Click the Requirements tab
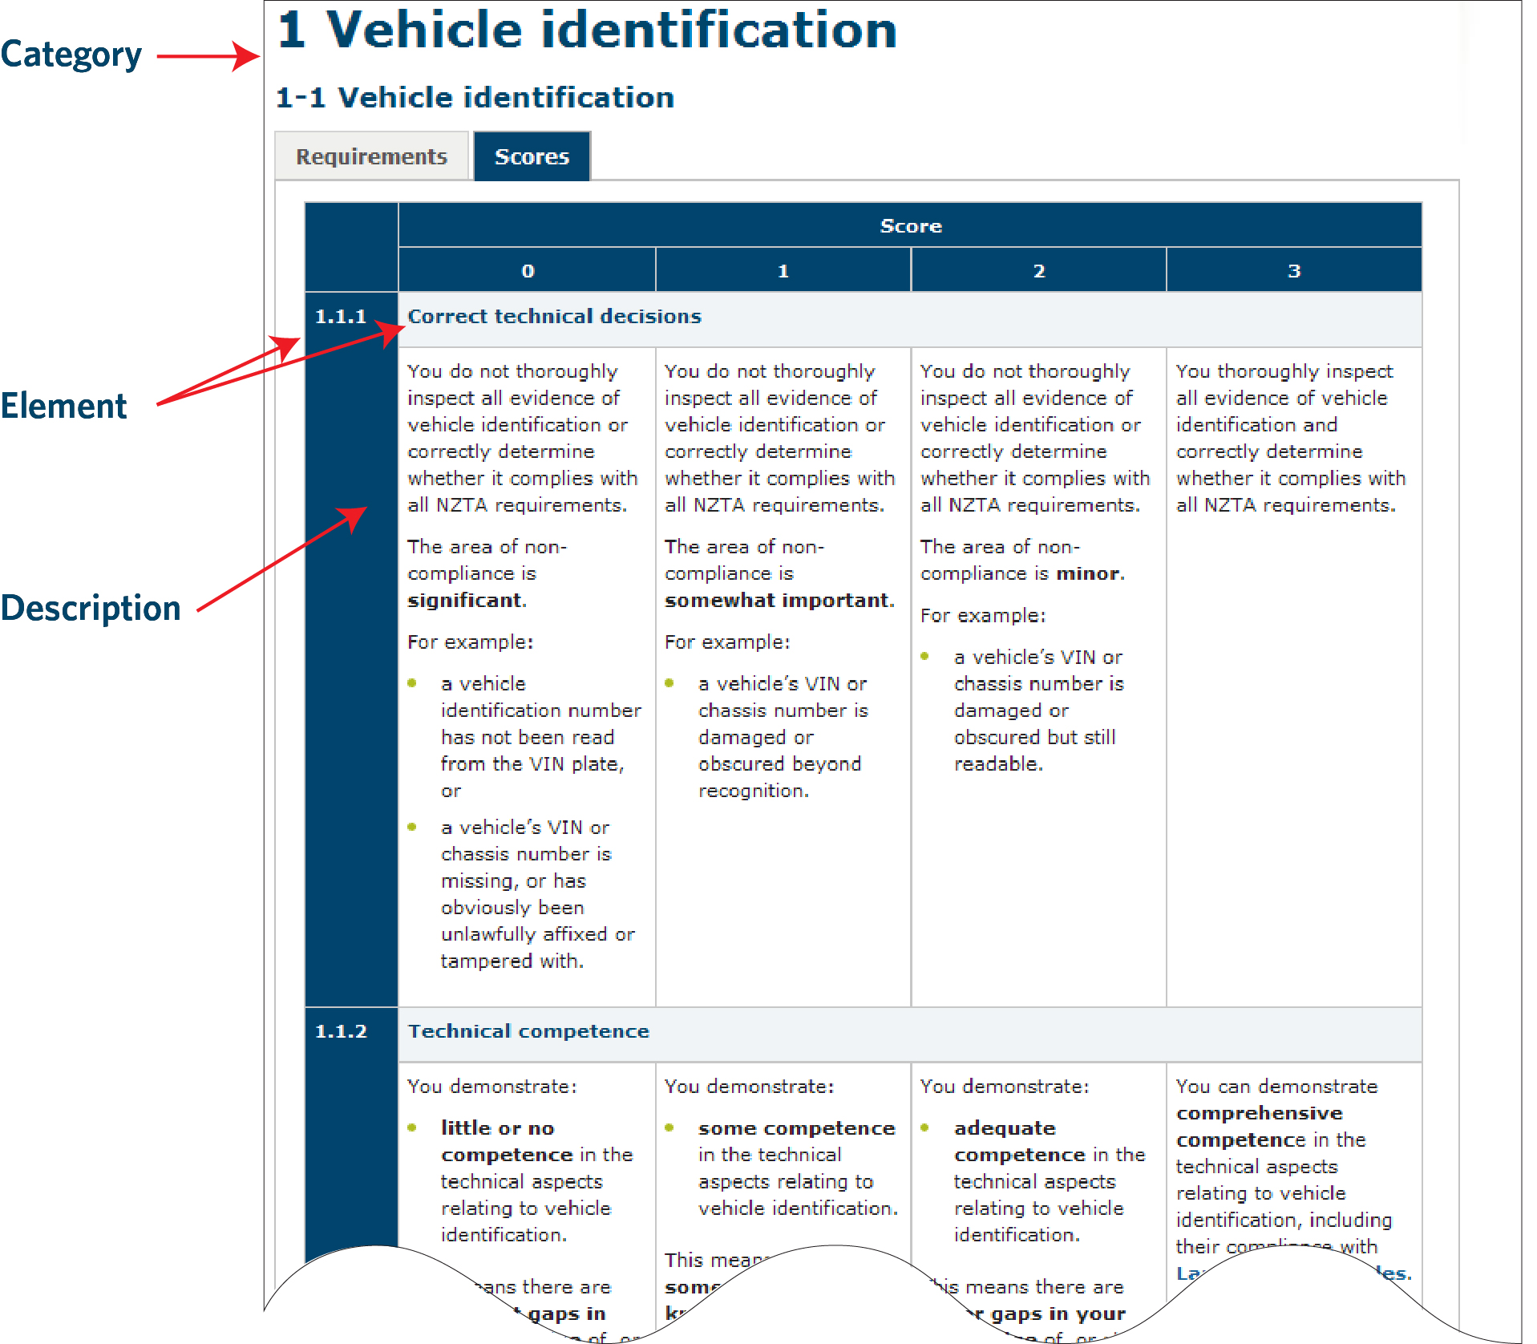click(x=371, y=156)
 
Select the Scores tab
click(x=532, y=156)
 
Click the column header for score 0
click(x=528, y=271)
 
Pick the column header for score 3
click(x=1293, y=271)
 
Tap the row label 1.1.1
click(x=341, y=317)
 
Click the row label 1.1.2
click(x=341, y=1031)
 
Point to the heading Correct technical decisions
click(x=554, y=317)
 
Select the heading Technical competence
click(x=528, y=1031)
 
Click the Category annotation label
click(x=71, y=55)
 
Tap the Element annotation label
click(x=63, y=406)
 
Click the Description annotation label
click(x=91, y=608)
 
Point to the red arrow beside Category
click(x=208, y=56)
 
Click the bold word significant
click(x=465, y=601)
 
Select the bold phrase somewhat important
click(x=778, y=601)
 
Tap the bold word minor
click(x=1089, y=573)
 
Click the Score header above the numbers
click(x=910, y=226)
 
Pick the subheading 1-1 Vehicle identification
click(x=475, y=98)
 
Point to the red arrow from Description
click(x=281, y=559)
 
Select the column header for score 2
click(x=1038, y=271)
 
